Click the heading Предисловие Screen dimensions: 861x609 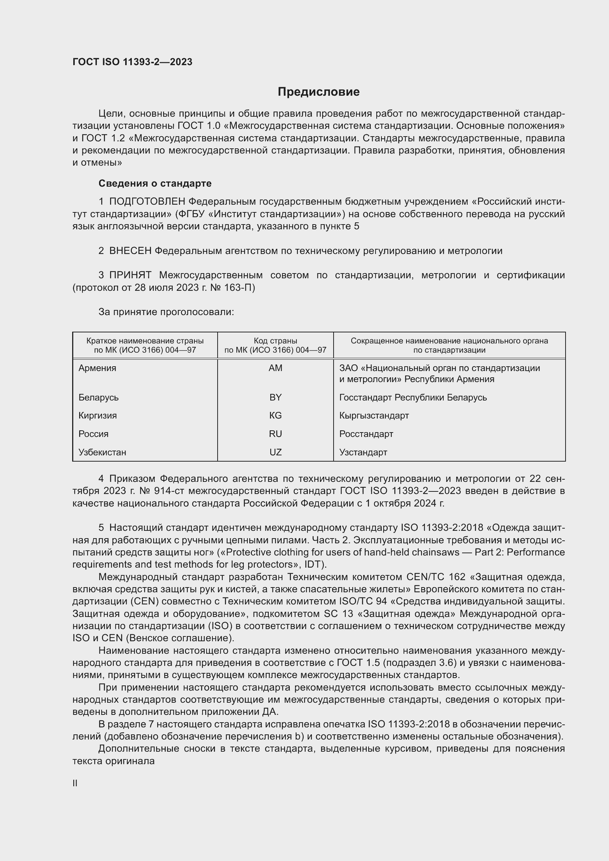coord(318,92)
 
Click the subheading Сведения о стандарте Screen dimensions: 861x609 coord(155,183)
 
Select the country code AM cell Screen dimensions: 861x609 coord(275,368)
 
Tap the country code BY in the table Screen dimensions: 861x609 coord(275,398)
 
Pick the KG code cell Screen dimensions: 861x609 coord(275,416)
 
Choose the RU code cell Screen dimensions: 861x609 coord(275,434)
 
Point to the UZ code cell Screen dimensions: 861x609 coord(275,452)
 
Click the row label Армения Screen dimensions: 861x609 coord(98,368)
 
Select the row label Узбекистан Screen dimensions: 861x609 coord(102,452)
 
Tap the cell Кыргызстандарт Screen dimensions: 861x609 coord(374,416)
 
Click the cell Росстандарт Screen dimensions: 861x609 coord(366,434)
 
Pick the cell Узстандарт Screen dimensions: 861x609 coord(363,452)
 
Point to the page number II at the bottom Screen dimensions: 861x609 coord(75,783)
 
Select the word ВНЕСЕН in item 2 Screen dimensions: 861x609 coord(130,251)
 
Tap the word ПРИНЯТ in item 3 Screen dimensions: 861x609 coord(130,275)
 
